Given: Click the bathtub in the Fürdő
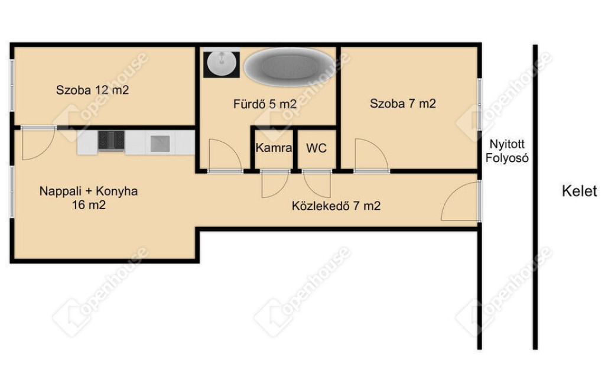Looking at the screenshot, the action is (290, 67).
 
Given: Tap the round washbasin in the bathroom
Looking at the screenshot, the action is (222, 63).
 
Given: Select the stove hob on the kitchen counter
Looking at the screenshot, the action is (111, 141).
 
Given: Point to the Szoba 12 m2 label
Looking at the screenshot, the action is (92, 90).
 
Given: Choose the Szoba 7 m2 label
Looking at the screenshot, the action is (403, 103).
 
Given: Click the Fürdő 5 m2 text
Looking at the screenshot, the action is (265, 104).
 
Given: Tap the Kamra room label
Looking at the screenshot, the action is (274, 148).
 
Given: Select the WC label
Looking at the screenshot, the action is (317, 148).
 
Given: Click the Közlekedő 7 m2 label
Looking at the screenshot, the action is (336, 206).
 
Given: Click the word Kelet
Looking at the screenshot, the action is (579, 191).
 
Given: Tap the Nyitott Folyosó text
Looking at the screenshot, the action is (507, 151).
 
